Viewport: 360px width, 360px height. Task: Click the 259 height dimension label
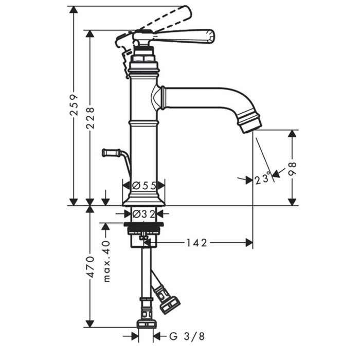click(74, 104)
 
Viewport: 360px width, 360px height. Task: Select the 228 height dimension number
click(90, 118)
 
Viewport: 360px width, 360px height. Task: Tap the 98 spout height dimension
click(292, 169)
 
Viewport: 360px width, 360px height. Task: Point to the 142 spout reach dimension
click(196, 243)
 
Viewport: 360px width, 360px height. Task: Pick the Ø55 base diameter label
click(144, 185)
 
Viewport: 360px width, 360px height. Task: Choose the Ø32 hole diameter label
click(143, 214)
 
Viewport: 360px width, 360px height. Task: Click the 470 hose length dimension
click(91, 267)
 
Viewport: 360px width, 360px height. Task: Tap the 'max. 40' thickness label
click(107, 261)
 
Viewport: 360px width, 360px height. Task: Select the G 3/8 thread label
click(187, 336)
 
